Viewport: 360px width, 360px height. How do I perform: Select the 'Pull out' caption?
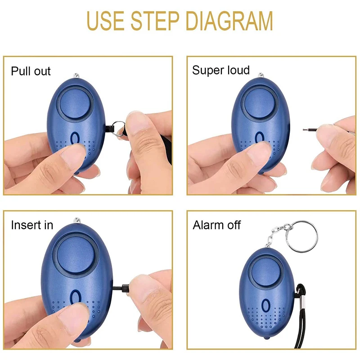(31, 71)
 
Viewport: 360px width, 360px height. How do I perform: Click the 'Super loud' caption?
(220, 70)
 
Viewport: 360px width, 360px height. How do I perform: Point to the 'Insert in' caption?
(32, 225)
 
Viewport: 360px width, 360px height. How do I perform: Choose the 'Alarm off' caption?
(217, 225)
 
